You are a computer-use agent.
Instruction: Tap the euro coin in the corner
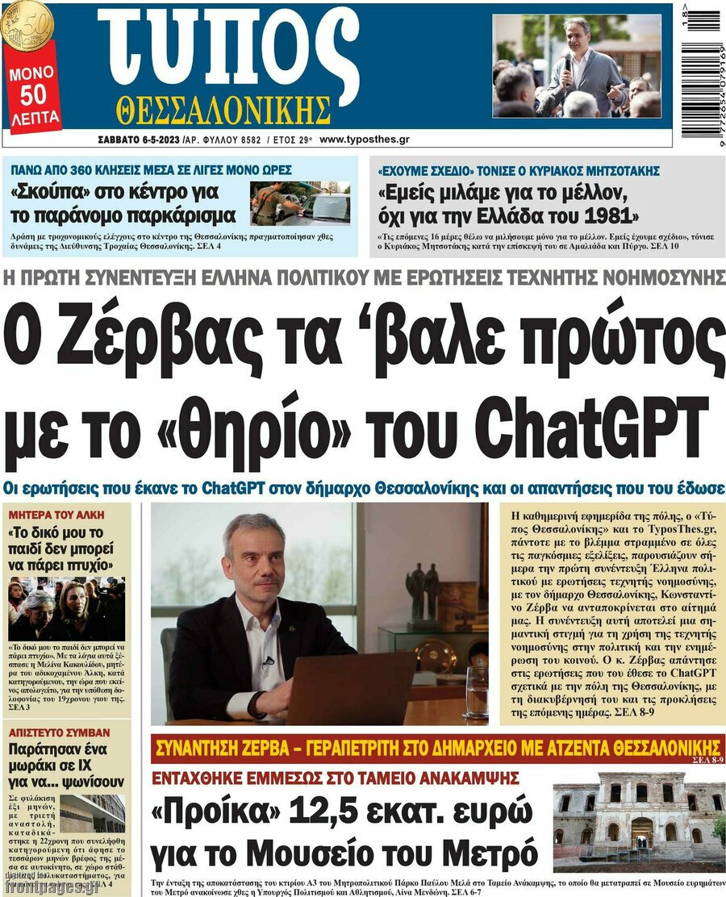(x=24, y=23)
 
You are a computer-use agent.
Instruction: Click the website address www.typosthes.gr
(x=364, y=140)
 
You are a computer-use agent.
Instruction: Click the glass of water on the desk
(x=477, y=691)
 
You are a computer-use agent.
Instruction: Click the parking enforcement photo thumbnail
(x=299, y=202)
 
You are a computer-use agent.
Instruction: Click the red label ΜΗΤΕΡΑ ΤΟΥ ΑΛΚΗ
(x=48, y=513)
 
